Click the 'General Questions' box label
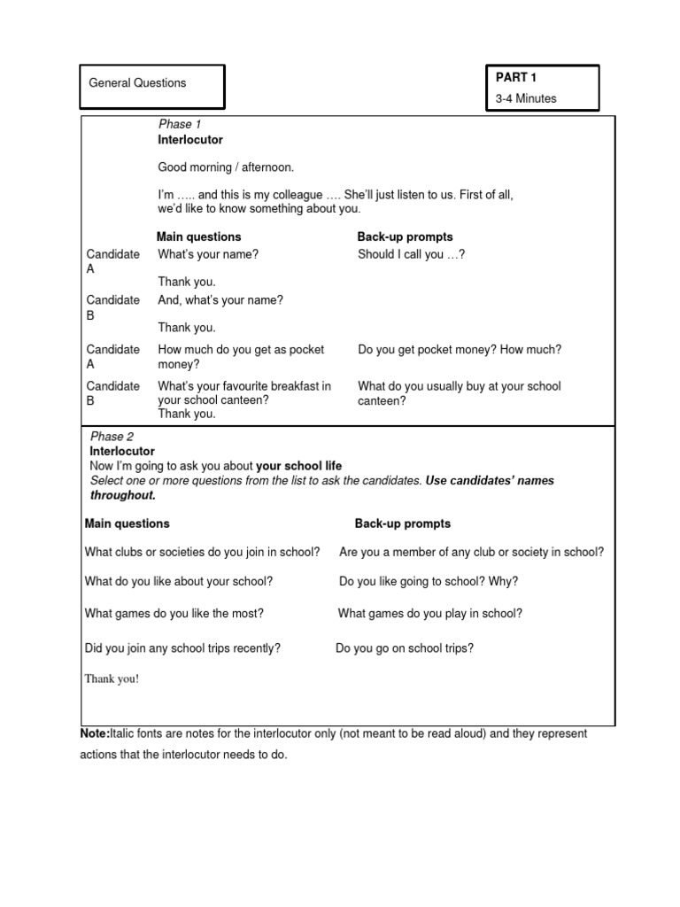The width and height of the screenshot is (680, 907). coord(137,83)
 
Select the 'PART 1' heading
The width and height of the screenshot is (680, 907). coord(516,78)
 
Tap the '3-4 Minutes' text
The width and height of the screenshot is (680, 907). coord(526,98)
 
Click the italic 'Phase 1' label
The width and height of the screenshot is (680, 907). coord(180,124)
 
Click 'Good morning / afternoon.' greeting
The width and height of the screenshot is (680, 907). coord(226,167)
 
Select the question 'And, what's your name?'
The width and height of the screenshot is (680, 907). coord(220,300)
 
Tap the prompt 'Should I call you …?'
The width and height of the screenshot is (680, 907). coord(411,254)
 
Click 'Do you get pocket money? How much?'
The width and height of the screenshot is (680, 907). coord(460,350)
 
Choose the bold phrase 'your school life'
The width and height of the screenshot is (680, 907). coord(298,466)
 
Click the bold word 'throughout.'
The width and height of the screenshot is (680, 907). coord(122,495)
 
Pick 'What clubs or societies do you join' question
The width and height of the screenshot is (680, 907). coord(202,552)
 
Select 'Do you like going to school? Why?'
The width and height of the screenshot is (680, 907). coord(429,582)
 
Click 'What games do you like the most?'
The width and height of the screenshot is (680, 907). coord(174,613)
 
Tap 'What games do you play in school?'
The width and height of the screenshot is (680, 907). coord(430,613)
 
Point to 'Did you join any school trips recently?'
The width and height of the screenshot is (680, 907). coord(182,648)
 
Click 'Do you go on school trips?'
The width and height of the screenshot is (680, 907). coord(405,648)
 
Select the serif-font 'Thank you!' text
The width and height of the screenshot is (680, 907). coord(112,679)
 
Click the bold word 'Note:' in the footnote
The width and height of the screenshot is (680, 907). coord(95,734)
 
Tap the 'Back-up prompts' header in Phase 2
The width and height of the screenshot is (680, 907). coord(403,523)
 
